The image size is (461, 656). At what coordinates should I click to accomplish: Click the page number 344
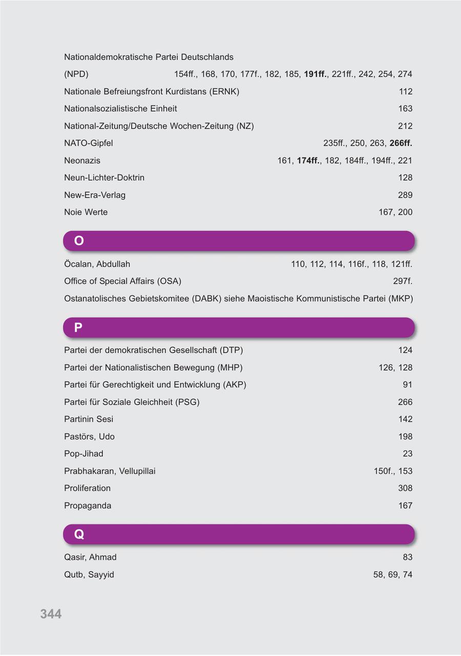[51, 614]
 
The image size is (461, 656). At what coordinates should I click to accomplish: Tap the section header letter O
[79, 241]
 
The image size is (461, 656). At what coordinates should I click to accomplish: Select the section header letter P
[78, 328]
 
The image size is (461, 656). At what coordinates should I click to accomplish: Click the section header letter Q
[79, 535]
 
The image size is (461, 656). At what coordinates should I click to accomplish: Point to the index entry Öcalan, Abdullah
[97, 264]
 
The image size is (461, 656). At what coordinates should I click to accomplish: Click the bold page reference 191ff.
[316, 74]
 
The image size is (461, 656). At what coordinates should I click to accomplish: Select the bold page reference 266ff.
[401, 143]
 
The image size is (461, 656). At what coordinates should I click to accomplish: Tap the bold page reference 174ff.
[308, 161]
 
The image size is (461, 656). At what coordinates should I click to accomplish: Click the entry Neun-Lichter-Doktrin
[104, 178]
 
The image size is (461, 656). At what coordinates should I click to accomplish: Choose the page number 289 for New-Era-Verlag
[405, 195]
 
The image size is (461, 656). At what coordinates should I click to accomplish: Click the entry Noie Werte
[86, 213]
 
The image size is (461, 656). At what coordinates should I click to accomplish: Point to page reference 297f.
[402, 281]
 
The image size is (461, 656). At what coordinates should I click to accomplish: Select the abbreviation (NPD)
[76, 74]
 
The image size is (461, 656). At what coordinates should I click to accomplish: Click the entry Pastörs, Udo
[89, 437]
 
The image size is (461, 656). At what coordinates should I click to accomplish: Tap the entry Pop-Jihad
[83, 454]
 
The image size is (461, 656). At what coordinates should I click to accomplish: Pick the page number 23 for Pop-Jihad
[407, 454]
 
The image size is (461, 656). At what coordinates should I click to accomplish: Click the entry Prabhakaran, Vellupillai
[110, 471]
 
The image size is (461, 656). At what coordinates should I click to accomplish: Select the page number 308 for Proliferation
[405, 489]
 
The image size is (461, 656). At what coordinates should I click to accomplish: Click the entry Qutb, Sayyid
[89, 575]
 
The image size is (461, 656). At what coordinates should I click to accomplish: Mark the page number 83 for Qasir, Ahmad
[407, 557]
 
